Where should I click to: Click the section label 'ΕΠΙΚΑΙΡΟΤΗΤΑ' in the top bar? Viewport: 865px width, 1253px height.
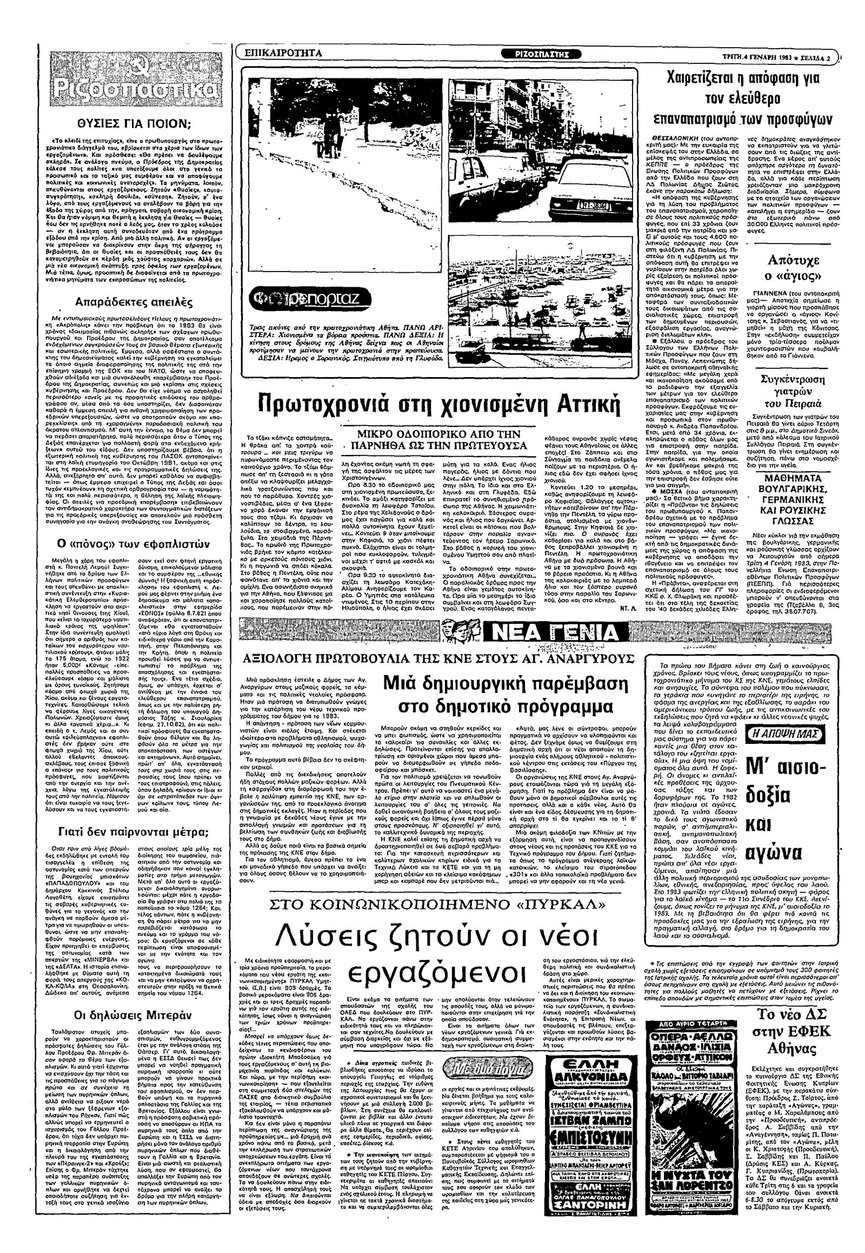(x=283, y=53)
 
